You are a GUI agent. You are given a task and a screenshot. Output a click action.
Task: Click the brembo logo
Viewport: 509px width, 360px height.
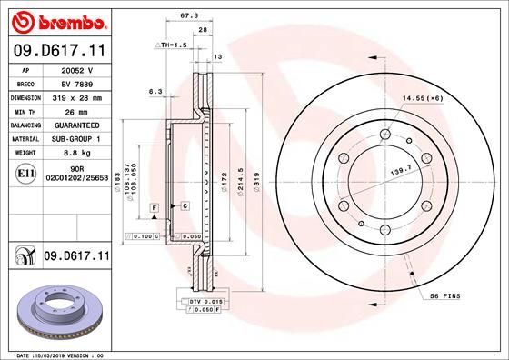pos(56,20)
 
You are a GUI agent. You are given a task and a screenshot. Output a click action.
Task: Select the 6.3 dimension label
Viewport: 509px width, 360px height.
pos(155,91)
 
